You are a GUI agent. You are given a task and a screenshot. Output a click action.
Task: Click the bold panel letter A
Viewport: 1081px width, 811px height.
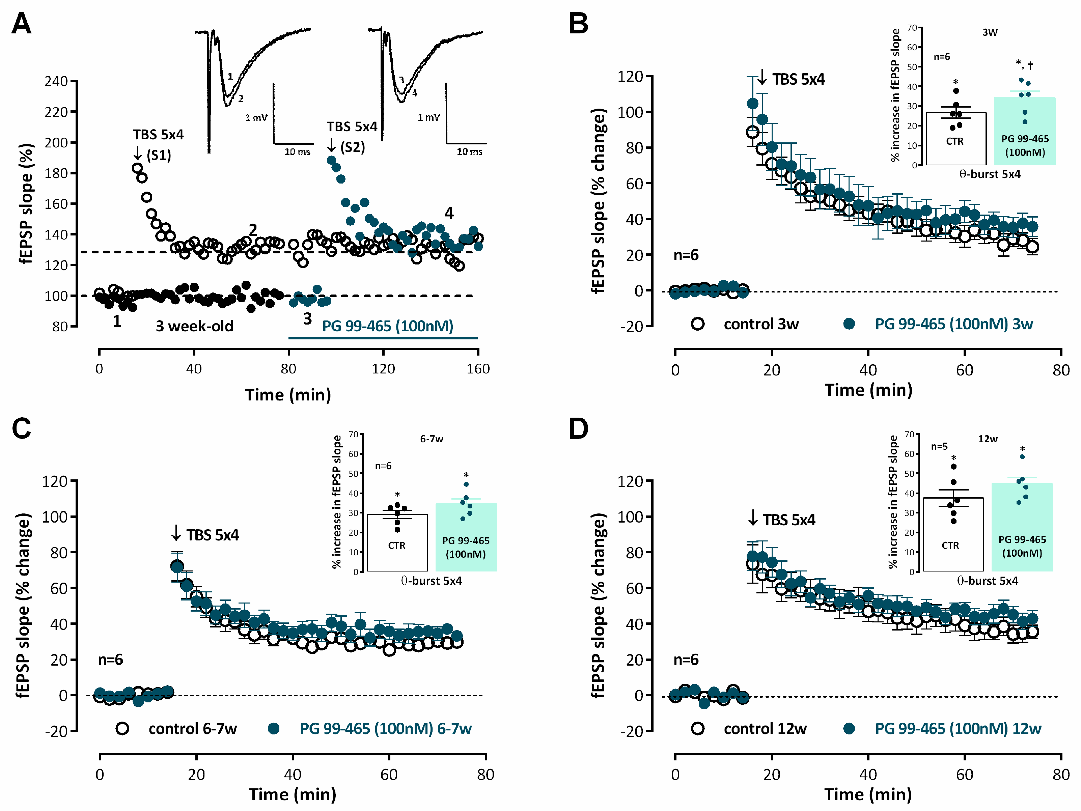pos(22,24)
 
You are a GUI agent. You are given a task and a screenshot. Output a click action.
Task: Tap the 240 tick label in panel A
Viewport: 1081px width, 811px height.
pos(56,81)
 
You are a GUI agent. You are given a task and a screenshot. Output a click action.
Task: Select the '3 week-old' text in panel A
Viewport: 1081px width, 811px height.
pos(194,326)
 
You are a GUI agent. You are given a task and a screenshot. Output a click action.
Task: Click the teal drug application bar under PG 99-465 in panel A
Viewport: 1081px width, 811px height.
pos(383,338)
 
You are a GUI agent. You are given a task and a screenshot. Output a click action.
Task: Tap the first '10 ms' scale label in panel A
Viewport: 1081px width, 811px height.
pos(297,152)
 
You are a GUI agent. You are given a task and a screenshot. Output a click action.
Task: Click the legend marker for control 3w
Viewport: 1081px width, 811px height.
pos(697,324)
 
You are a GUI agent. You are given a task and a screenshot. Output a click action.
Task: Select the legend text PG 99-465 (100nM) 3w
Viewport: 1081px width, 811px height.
pos(953,324)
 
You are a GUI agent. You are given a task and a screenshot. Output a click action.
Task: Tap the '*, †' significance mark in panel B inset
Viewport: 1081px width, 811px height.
pos(1024,64)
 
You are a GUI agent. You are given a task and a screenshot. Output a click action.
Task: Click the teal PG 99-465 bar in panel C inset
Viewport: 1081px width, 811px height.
pos(466,537)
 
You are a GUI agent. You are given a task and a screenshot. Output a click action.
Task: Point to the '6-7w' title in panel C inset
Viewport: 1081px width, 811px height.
pos(431,439)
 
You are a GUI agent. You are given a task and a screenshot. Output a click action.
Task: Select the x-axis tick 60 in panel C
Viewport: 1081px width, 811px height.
pos(389,774)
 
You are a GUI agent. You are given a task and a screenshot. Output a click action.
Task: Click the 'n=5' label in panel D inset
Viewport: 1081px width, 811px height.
pos(939,446)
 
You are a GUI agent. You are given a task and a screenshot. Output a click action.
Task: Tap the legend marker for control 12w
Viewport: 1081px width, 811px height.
pos(697,728)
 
